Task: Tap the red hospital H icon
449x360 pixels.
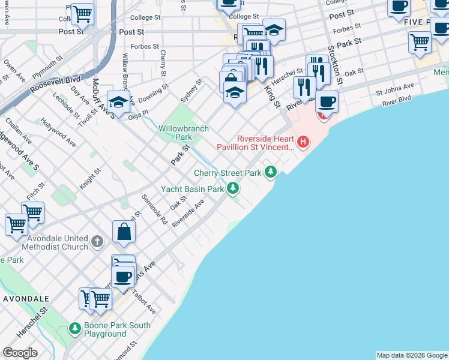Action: click(x=304, y=142)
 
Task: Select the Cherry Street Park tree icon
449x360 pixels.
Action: click(x=271, y=173)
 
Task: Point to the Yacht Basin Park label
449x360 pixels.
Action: click(x=192, y=189)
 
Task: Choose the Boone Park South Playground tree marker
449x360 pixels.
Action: click(x=74, y=329)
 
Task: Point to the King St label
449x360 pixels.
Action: click(x=273, y=96)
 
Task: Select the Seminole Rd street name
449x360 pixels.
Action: click(x=154, y=209)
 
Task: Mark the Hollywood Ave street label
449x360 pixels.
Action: click(x=58, y=133)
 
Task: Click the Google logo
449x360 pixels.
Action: click(x=20, y=353)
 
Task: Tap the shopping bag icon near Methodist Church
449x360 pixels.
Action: click(x=124, y=232)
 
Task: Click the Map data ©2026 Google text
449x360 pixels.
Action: click(x=411, y=355)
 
